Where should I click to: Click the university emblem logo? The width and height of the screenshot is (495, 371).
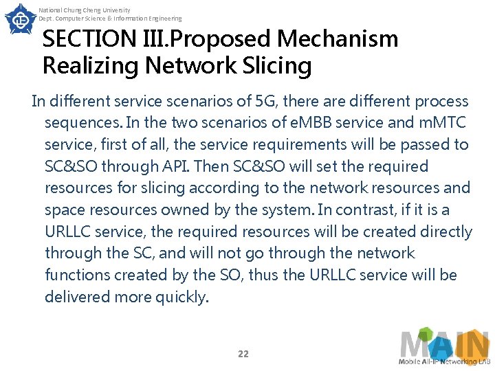21,19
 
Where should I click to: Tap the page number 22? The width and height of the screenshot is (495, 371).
243,354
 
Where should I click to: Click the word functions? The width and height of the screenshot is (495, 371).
76,275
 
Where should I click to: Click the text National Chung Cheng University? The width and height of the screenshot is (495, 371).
85,10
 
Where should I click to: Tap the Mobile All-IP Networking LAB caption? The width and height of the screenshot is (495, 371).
445,361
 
